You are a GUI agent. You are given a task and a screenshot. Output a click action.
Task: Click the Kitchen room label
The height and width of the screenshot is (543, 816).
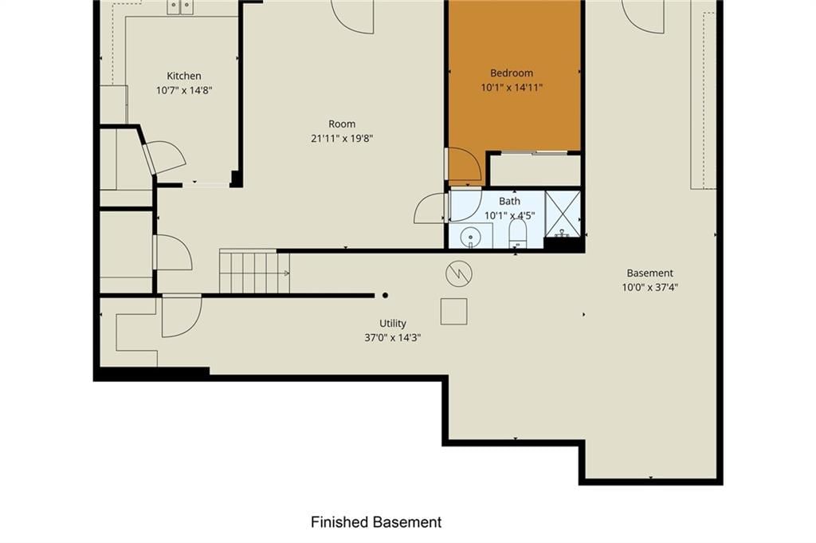click(x=184, y=76)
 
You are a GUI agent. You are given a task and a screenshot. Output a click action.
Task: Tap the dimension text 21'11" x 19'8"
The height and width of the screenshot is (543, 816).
click(x=342, y=139)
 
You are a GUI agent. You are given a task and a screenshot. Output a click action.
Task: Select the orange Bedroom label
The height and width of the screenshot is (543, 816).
click(x=512, y=73)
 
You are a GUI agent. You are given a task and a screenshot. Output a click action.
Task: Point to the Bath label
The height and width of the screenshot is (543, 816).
click(x=509, y=201)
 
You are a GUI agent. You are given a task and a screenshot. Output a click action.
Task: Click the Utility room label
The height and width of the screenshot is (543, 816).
click(x=392, y=323)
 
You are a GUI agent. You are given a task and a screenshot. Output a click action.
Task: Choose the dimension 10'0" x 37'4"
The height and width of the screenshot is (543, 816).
click(x=650, y=287)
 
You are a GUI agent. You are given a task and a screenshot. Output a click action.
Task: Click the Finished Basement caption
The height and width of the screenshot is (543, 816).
click(x=376, y=521)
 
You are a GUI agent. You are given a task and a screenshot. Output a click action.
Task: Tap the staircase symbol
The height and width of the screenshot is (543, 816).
click(x=254, y=271)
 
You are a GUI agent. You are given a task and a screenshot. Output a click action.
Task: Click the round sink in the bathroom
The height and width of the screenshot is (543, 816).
click(x=470, y=237)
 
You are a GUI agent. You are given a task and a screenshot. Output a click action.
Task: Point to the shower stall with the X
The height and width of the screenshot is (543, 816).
click(x=563, y=214)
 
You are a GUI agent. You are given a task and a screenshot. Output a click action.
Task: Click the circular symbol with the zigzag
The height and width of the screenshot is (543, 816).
click(x=459, y=273)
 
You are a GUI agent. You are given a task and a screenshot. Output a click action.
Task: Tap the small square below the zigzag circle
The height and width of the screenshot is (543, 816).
click(x=453, y=311)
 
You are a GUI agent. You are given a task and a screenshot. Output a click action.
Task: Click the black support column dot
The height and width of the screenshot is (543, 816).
click(x=385, y=295)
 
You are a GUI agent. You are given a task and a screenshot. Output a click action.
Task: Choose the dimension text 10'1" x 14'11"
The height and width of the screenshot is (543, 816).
click(x=512, y=88)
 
